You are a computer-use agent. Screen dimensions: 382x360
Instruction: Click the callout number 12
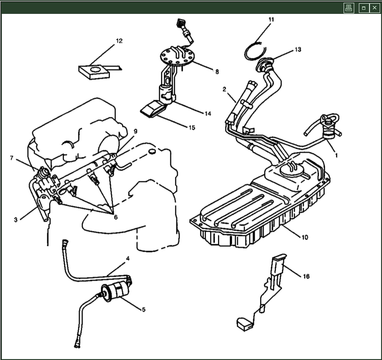[x=119, y=41]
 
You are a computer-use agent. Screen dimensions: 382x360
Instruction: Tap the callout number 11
[x=271, y=19]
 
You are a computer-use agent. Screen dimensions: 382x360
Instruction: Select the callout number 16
[x=306, y=276]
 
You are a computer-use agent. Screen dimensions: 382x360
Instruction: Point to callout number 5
[x=144, y=310]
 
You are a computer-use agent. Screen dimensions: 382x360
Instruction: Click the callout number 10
[x=305, y=237]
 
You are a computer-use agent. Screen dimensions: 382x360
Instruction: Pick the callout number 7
[x=12, y=158]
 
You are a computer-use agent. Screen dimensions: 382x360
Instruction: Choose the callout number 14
[x=208, y=114]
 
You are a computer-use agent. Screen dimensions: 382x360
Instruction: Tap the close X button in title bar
[x=375, y=8]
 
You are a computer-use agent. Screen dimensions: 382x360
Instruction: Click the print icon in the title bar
[x=349, y=8]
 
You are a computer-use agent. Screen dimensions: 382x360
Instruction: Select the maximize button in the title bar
[x=363, y=8]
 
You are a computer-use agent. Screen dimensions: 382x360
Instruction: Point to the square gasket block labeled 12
[x=94, y=72]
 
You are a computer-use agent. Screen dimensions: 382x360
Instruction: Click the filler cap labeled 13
[x=264, y=64]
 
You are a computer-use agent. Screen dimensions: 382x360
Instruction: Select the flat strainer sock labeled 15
[x=153, y=109]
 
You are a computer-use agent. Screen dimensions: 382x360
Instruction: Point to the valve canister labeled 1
[x=329, y=127]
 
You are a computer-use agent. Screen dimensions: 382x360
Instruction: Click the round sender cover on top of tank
[x=292, y=170]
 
